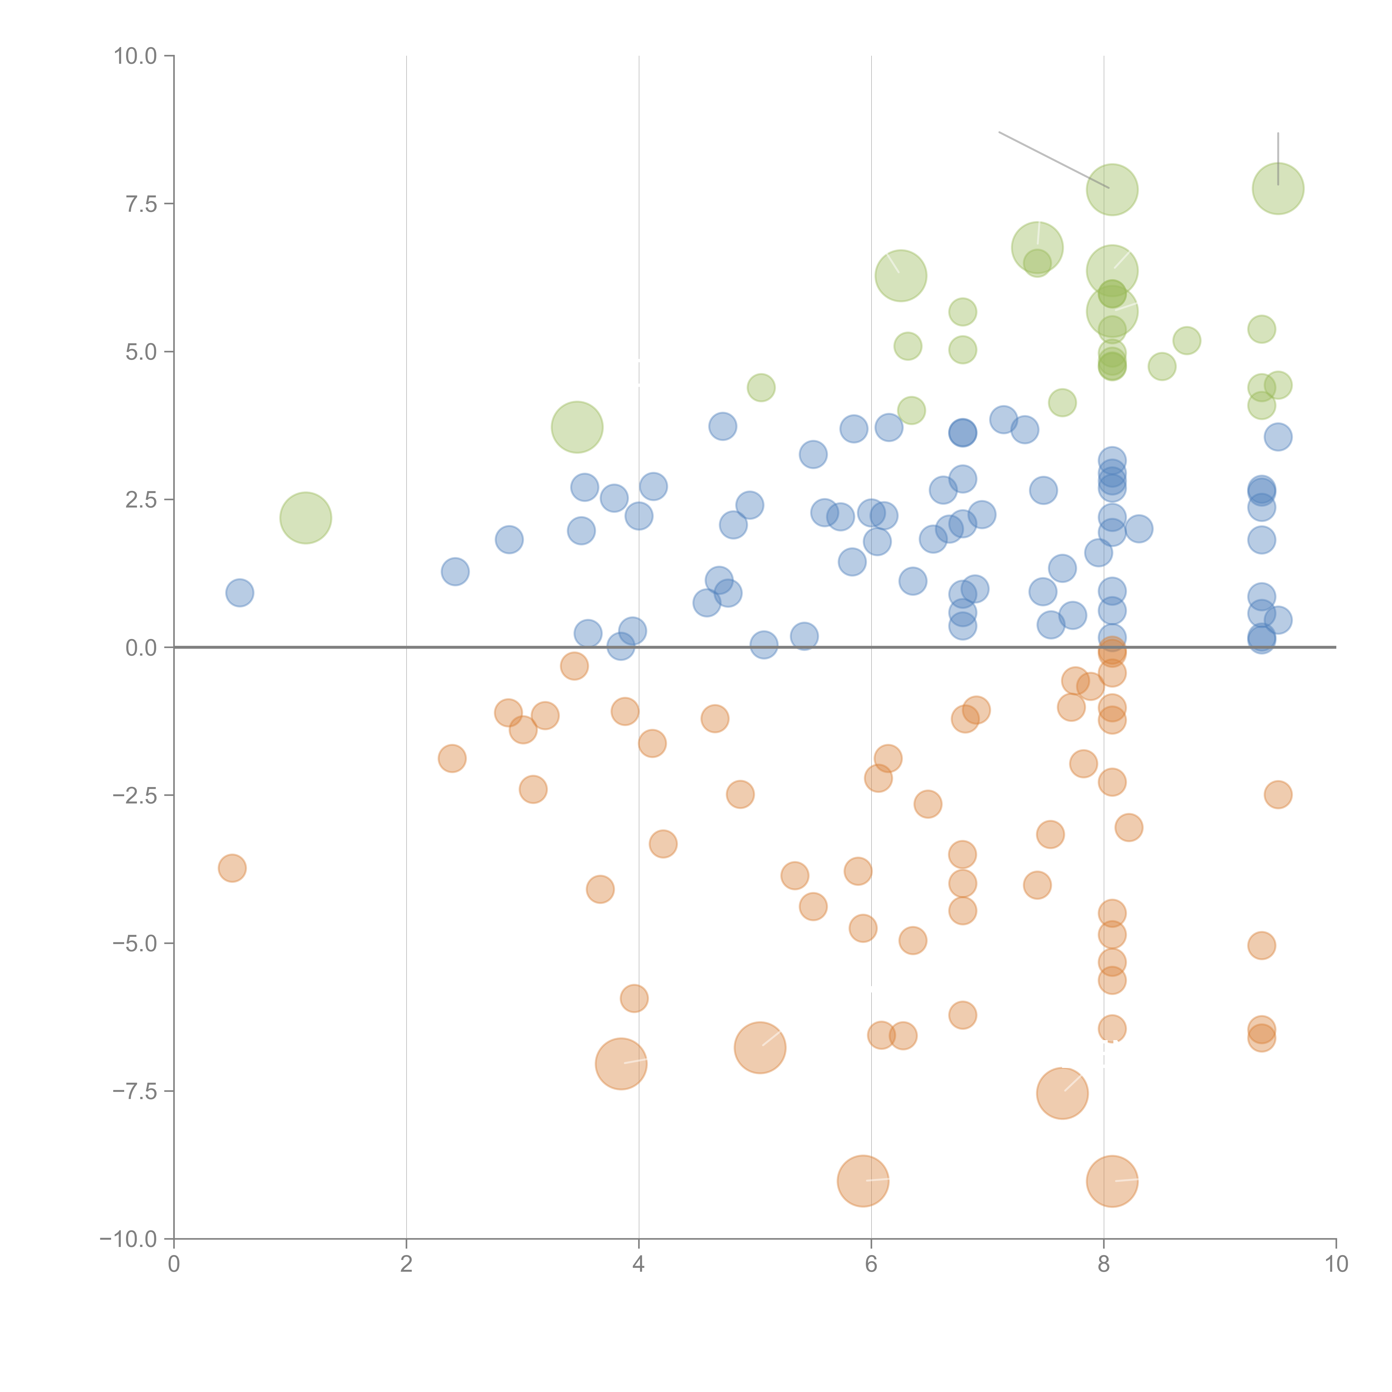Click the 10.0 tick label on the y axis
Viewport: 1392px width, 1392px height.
135,56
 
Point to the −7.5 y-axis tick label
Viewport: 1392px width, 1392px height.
135,1091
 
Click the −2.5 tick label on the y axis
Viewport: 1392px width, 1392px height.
135,795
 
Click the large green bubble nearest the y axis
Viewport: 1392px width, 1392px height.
305,518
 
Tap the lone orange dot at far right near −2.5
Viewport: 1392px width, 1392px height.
1278,795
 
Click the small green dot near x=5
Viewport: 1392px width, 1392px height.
761,388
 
